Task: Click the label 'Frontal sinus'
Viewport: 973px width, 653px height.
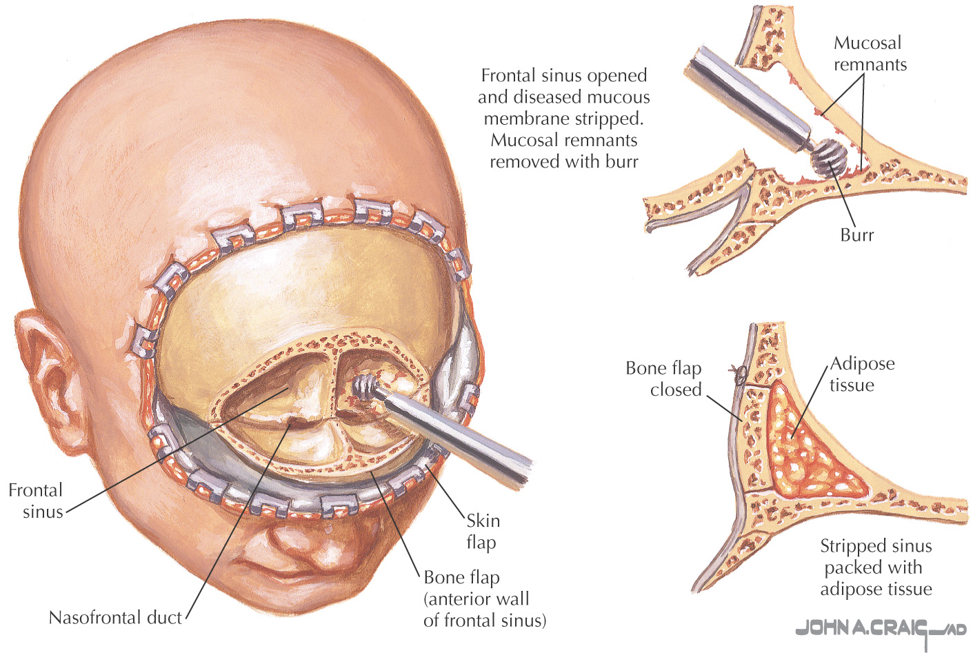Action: click(35, 501)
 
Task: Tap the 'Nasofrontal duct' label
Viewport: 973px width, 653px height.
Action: click(115, 617)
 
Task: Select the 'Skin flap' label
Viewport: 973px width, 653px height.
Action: click(483, 531)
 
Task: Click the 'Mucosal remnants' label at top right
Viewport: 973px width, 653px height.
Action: click(870, 54)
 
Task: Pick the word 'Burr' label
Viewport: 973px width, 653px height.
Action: click(856, 235)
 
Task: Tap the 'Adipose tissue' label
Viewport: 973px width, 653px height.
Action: click(862, 374)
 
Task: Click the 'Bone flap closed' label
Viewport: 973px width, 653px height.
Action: click(663, 379)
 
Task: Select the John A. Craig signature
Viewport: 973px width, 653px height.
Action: click(879, 629)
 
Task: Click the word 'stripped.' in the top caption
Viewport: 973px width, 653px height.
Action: click(612, 119)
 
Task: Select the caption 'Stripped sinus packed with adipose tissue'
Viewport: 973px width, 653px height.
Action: click(876, 567)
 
